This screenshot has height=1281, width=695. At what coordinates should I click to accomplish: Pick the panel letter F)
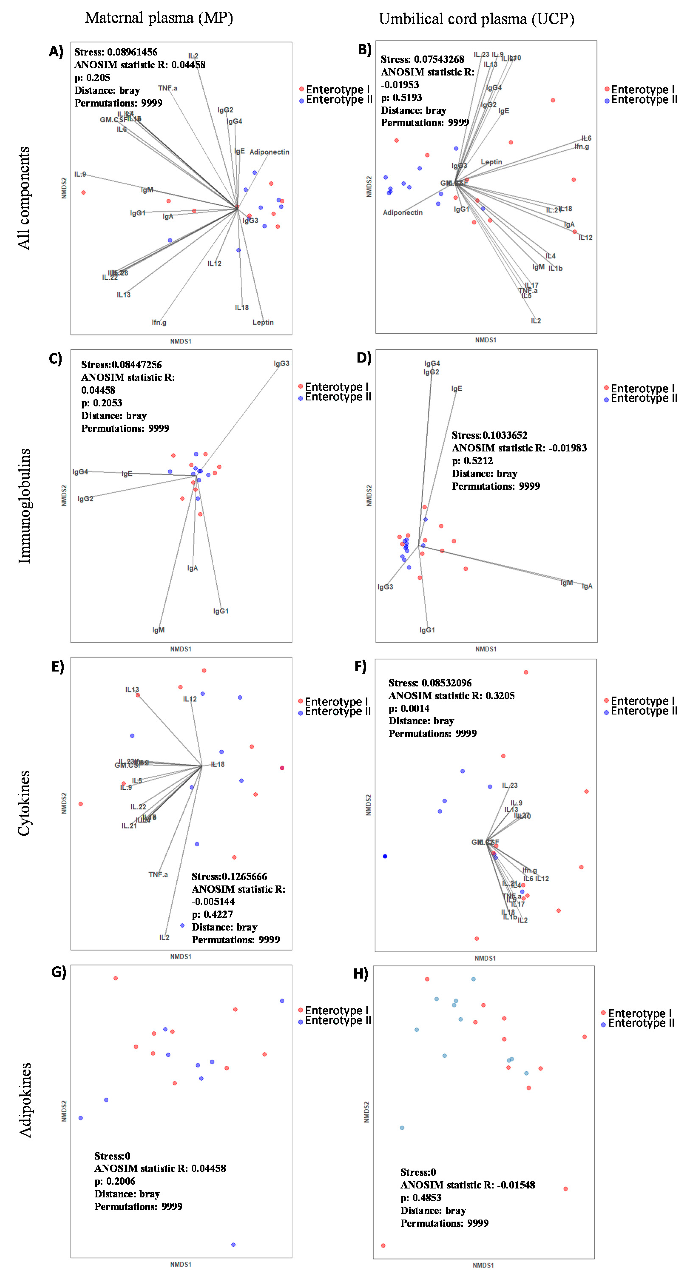tap(360, 666)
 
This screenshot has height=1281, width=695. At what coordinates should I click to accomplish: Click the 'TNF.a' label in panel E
tap(158, 874)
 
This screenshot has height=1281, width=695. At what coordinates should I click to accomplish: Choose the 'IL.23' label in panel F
tap(510, 785)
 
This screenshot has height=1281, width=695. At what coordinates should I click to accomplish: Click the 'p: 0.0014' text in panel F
tap(409, 708)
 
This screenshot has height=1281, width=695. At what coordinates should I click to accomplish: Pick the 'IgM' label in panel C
tap(158, 630)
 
